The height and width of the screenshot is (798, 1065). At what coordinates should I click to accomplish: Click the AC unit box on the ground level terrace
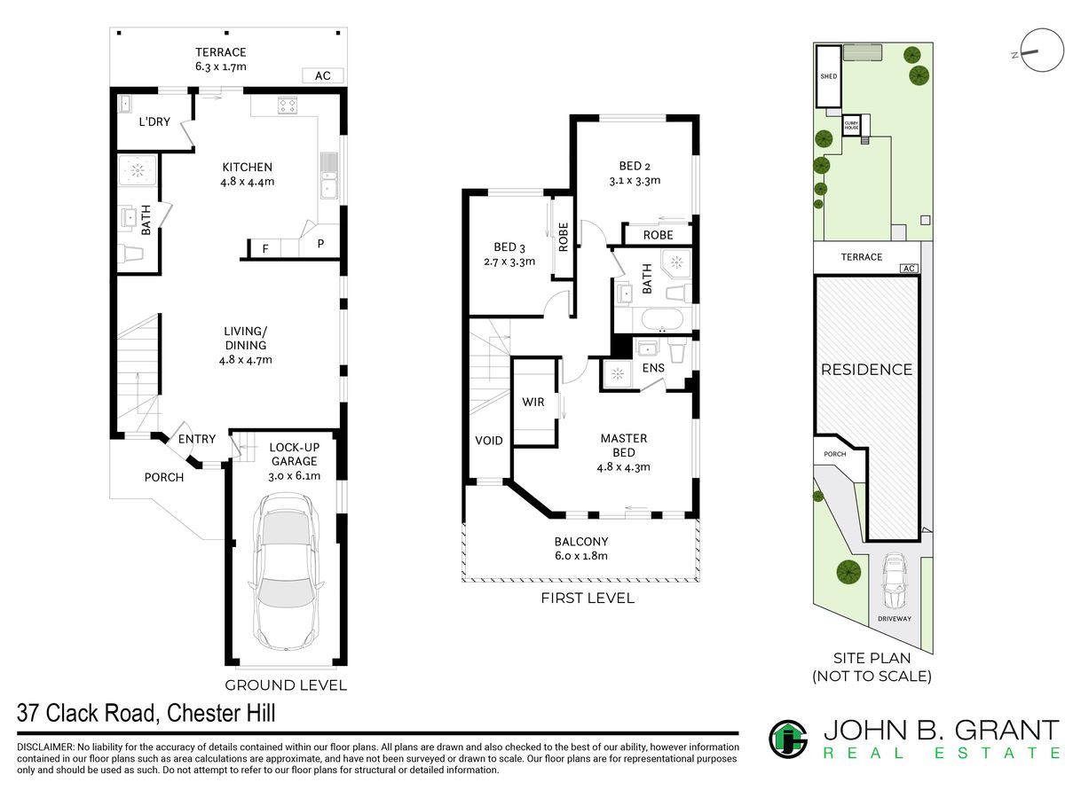(x=323, y=75)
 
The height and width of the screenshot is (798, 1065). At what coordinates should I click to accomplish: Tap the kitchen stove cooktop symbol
(x=288, y=106)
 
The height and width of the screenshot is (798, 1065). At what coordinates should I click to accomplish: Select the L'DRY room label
(x=154, y=121)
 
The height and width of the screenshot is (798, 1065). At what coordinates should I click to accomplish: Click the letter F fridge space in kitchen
(x=264, y=249)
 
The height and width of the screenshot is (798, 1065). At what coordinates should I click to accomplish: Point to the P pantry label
(x=320, y=244)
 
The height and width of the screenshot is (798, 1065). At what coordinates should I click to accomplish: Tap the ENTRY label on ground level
(x=196, y=439)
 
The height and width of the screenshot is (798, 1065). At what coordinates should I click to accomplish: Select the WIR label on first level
(x=532, y=402)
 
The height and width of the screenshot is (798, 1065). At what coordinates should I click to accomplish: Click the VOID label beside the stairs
(x=489, y=441)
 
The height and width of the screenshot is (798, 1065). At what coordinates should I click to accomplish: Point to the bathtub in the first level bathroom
(x=662, y=320)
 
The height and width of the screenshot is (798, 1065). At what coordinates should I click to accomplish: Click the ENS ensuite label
(x=653, y=368)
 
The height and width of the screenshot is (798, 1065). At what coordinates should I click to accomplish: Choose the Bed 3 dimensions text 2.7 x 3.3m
(x=509, y=262)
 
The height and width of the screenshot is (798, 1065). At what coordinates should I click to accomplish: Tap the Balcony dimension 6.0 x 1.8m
(x=580, y=556)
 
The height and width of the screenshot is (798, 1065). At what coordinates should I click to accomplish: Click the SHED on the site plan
(x=828, y=76)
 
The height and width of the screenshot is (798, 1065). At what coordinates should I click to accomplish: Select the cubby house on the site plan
(x=851, y=125)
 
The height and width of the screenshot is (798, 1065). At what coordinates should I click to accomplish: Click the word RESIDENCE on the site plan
(x=866, y=370)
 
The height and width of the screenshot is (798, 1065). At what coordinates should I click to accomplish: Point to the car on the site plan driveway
(x=895, y=581)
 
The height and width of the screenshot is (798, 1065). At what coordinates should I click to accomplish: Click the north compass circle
(x=1042, y=50)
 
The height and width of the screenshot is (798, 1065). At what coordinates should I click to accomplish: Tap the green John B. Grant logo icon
(x=788, y=739)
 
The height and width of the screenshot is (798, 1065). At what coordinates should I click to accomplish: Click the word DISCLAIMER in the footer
(x=45, y=747)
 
